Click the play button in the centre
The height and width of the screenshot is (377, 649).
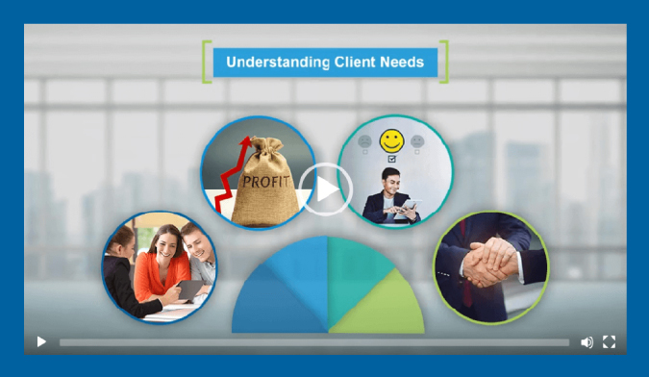pos(326,189)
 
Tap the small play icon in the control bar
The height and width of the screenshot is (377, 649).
pos(41,341)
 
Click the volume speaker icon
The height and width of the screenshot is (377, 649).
pos(587,341)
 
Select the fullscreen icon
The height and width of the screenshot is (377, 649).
pos(609,341)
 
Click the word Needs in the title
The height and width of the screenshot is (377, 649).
pos(404,63)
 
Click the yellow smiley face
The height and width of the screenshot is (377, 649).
pos(390,141)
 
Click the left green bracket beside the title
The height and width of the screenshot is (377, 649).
pos(207,62)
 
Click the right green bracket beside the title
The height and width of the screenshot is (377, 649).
pos(444,62)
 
